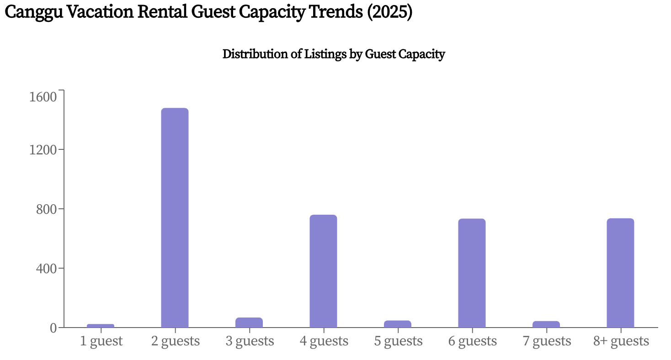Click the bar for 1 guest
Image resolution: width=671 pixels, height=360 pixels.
101,326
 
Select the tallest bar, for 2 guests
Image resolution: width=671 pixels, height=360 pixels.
175,218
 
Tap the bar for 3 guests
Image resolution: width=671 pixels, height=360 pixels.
249,323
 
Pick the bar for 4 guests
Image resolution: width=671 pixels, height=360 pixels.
323,271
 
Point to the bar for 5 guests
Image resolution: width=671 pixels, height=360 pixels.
398,324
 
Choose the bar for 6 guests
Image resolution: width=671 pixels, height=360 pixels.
472,273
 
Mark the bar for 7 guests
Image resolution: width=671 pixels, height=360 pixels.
546,324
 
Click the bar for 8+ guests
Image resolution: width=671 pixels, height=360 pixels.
620,273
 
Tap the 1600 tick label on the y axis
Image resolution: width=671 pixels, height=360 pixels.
43,97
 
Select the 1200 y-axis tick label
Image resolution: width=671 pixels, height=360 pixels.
43,150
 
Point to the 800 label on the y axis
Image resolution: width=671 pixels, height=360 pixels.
46,209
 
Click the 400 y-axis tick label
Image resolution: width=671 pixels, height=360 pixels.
46,269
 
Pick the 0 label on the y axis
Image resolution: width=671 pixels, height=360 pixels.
54,328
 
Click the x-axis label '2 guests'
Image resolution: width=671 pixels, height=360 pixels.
176,341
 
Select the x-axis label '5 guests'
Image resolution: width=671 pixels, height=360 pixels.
398,341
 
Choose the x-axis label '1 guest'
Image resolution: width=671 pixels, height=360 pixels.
101,341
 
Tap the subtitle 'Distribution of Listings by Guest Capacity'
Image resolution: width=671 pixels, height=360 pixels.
334,54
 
